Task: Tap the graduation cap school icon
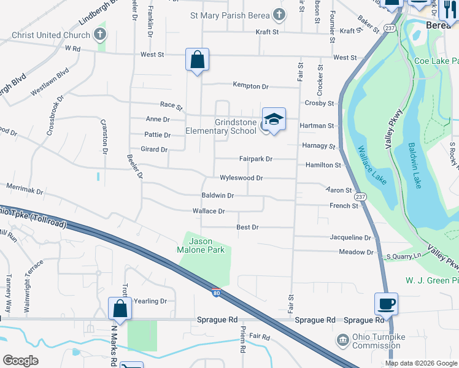click(274, 119)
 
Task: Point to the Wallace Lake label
click(370, 162)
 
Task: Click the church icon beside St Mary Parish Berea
click(279, 15)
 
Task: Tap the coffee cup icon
click(386, 303)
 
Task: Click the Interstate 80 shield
click(216, 293)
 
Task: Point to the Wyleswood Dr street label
click(242, 178)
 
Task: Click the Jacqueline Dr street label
click(350, 237)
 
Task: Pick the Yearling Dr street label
click(150, 301)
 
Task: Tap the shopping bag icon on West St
click(197, 60)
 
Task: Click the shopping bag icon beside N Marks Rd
click(120, 308)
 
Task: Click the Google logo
click(21, 361)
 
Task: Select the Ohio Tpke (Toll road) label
click(34, 217)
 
